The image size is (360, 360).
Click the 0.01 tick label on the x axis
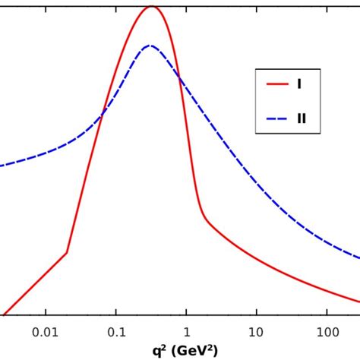(45, 332)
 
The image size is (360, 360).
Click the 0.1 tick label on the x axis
(116, 332)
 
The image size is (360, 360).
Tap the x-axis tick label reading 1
(186, 332)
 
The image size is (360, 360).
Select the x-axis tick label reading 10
(256, 332)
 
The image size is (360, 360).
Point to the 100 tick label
(327, 332)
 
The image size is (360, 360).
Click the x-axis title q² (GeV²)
(185, 350)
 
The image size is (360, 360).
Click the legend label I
(299, 84)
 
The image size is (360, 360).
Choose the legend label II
(302, 118)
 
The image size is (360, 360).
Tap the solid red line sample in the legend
(277, 84)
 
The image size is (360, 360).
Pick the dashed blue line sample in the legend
(277, 118)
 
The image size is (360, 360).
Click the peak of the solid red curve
(151, 7)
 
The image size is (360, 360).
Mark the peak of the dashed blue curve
(150, 46)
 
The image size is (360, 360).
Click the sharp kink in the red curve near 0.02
(67, 253)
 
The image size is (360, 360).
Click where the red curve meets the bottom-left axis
(4, 314)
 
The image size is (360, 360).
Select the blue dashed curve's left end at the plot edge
(2, 166)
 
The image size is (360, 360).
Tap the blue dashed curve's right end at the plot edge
(358, 258)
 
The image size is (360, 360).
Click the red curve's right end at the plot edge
(358, 302)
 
